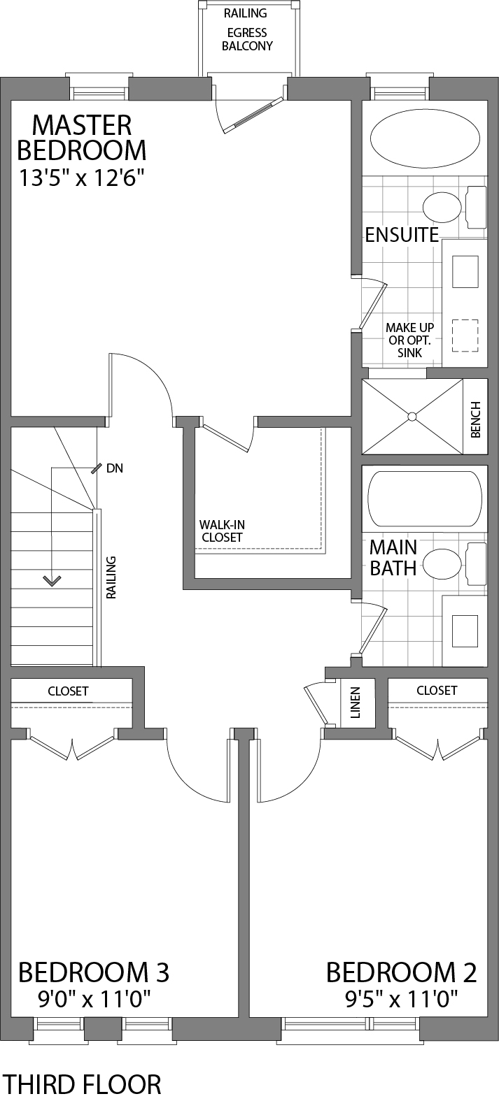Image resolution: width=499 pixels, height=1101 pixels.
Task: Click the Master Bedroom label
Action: pyautogui.click(x=82, y=138)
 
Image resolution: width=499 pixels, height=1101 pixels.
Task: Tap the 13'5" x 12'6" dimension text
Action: pyautogui.click(x=82, y=178)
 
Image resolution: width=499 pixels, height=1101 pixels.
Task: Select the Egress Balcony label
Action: pyautogui.click(x=247, y=39)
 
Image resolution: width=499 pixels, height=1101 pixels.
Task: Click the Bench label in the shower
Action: pyautogui.click(x=475, y=419)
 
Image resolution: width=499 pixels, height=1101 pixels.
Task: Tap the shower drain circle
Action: pyautogui.click(x=412, y=417)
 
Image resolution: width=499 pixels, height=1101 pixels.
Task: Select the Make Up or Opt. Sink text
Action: pyautogui.click(x=410, y=340)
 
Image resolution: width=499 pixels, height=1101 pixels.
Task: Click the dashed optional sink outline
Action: pyautogui.click(x=465, y=336)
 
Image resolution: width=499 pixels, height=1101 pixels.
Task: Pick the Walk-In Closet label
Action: pyautogui.click(x=222, y=531)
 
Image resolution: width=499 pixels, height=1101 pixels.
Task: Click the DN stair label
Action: pyautogui.click(x=115, y=468)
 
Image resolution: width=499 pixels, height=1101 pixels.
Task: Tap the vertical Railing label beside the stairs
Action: pyautogui.click(x=111, y=577)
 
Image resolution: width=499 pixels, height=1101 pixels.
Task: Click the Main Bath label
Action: pyautogui.click(x=393, y=557)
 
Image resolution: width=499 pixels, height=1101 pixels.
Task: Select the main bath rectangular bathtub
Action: pyautogui.click(x=425, y=498)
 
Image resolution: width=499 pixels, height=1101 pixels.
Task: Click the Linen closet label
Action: pyautogui.click(x=355, y=703)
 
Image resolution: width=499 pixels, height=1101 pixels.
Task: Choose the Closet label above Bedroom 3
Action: pyautogui.click(x=68, y=691)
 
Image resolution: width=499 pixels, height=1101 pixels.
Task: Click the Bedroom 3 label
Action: pyautogui.click(x=93, y=972)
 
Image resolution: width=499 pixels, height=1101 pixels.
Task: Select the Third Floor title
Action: pyautogui.click(x=82, y=1084)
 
